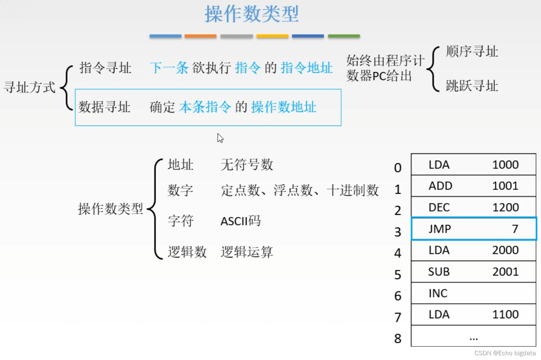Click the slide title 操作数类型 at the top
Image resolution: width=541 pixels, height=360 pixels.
(251, 14)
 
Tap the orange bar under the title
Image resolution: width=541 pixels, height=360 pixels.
(200, 36)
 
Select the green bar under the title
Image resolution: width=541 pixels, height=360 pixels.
(344, 36)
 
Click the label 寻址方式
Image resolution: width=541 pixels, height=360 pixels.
(30, 87)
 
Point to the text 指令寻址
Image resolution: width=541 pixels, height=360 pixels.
(105, 68)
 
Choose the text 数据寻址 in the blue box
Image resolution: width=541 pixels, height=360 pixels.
(105, 107)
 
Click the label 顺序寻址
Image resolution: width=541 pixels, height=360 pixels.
(472, 52)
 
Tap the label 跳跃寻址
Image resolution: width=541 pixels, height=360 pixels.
(472, 86)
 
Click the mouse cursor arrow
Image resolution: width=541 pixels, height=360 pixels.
(220, 138)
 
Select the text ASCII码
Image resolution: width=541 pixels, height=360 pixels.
(241, 221)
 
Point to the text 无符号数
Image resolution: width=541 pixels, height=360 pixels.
(247, 165)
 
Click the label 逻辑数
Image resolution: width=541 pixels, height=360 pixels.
(187, 252)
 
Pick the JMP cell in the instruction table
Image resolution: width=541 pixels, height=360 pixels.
(440, 229)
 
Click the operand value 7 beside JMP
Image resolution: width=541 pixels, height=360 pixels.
(515, 229)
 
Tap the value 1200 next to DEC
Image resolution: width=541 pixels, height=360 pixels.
(506, 207)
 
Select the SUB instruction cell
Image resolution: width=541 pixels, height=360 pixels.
(439, 272)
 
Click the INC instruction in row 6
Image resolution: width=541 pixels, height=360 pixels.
(438, 293)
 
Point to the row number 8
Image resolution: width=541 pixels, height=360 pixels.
(398, 339)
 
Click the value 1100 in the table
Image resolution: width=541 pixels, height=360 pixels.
(506, 315)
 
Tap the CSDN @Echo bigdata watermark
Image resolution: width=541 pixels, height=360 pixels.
(505, 353)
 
